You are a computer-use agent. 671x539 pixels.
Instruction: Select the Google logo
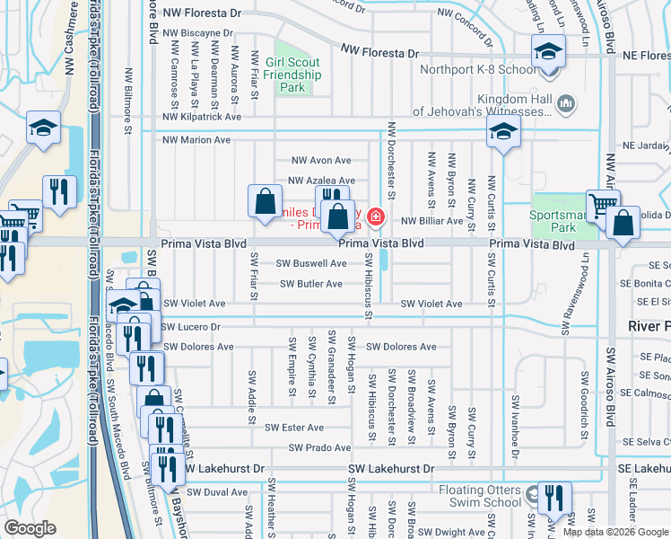(x=30, y=528)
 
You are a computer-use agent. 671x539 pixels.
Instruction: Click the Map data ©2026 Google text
(x=614, y=532)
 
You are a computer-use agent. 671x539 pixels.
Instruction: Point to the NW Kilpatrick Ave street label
(x=202, y=117)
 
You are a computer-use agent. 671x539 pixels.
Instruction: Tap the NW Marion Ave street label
(x=196, y=140)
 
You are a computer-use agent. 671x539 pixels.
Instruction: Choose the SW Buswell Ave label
(x=310, y=263)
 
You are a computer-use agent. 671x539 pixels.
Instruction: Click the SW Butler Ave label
(x=310, y=284)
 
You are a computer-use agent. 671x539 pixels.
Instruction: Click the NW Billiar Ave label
(x=431, y=220)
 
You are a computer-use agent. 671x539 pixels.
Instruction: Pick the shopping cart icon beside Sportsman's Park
(x=601, y=205)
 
